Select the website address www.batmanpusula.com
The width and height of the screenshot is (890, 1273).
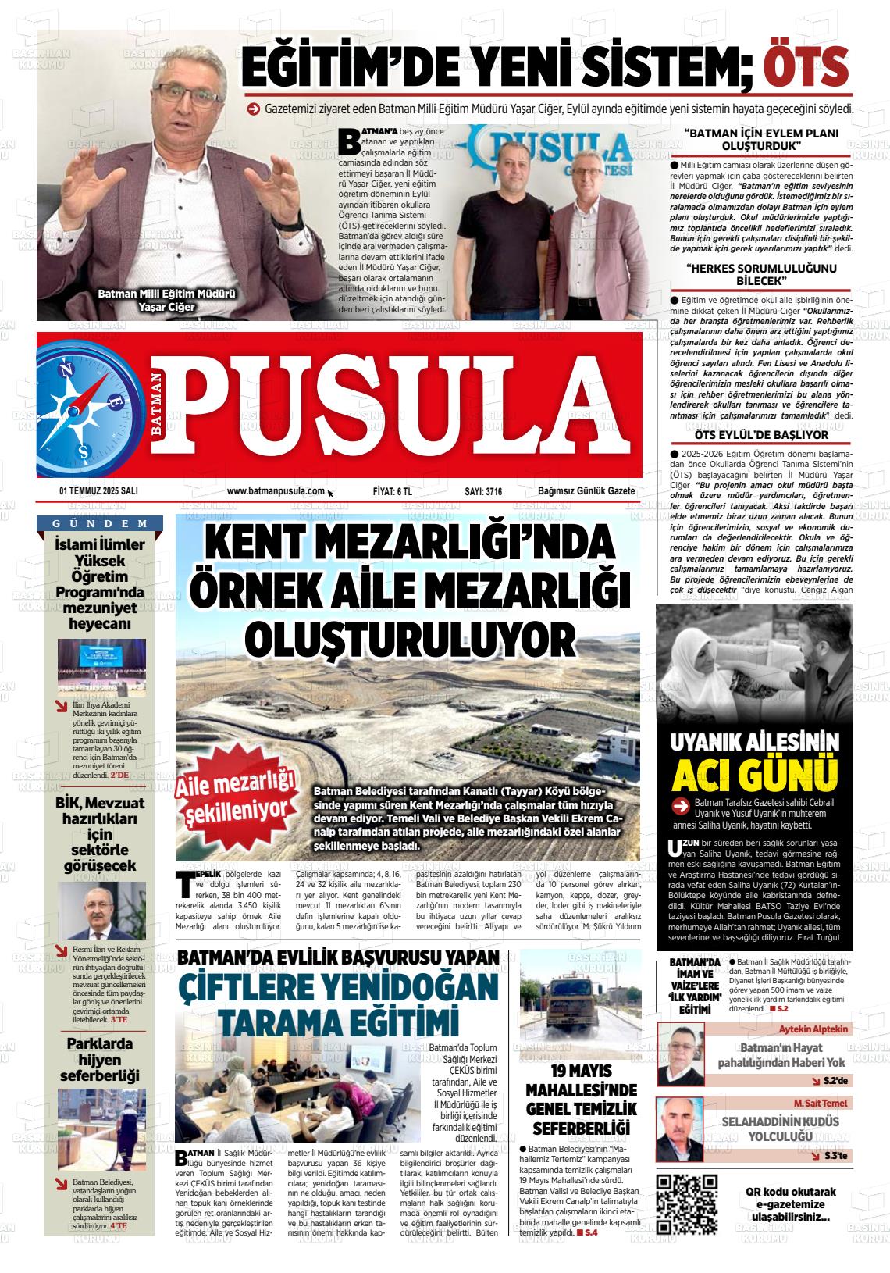point(276,491)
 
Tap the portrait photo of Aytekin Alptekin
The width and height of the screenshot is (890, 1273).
point(682,1054)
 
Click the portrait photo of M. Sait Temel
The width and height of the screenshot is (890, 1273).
point(682,1129)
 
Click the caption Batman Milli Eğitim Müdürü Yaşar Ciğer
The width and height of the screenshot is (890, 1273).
point(166,301)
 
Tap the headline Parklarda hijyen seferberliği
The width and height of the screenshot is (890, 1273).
point(99,1059)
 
